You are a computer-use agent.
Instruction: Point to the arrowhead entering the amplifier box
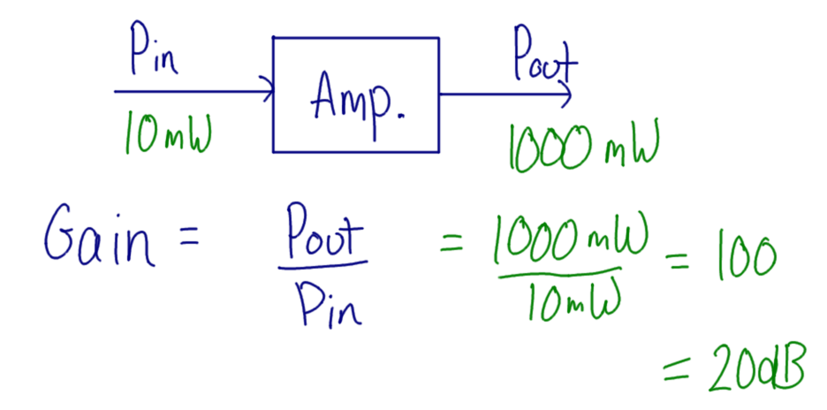click(266, 89)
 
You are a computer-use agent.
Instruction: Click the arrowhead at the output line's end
click(565, 92)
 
